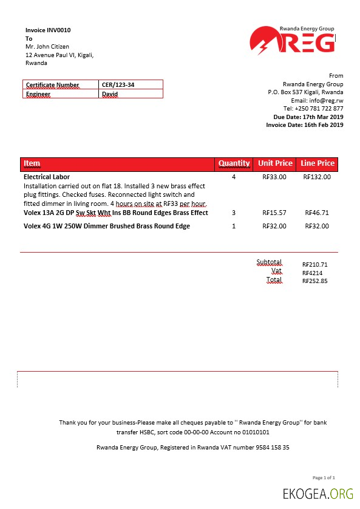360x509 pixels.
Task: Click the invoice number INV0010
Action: coord(63,30)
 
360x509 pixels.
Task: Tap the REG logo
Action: coord(292,41)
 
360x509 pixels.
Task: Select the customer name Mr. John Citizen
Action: coord(47,47)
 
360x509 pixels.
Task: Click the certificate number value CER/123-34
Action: coord(118,85)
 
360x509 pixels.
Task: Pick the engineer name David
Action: coord(110,94)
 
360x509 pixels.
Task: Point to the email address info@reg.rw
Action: coord(326,100)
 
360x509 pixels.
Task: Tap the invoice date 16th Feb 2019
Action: coord(322,125)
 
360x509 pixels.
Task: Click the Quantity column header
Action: coord(234,163)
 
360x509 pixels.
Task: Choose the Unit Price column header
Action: coord(275,163)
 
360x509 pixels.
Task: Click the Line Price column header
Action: coord(318,163)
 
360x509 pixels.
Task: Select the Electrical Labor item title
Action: coord(47,177)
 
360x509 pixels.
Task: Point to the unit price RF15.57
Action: coord(274,213)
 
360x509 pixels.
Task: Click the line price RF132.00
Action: coord(316,177)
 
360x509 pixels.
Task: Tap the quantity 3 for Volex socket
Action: coord(234,213)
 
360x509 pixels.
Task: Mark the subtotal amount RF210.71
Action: coord(315,265)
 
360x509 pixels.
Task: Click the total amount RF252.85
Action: coord(315,281)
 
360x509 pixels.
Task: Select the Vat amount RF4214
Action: coord(313,273)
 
